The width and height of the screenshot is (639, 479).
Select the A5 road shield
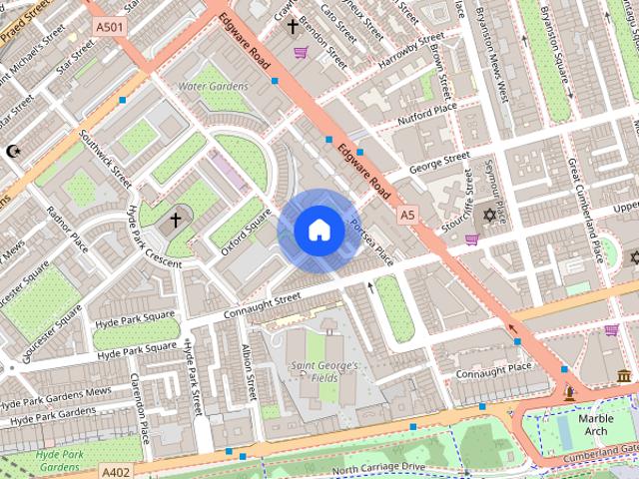pos(406,215)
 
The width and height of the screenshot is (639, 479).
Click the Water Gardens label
pos(212,87)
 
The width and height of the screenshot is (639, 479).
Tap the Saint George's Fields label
pos(323,372)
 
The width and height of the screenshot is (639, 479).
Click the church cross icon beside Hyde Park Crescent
pos(177,219)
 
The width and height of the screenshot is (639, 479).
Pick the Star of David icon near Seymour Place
pos(489,217)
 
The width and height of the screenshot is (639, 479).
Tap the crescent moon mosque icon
pos(13,151)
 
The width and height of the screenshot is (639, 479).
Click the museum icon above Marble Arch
pos(624,376)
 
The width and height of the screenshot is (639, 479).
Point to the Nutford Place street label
pos(426,108)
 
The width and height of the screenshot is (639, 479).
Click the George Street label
pos(438,160)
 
